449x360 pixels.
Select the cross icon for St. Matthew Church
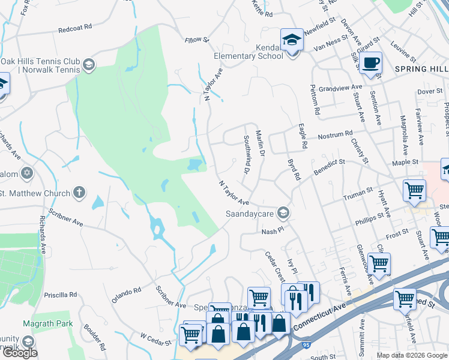pyautogui.click(x=78, y=193)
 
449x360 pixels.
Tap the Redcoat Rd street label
pyautogui.click(x=75, y=28)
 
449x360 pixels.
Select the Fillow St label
pyautogui.click(x=196, y=40)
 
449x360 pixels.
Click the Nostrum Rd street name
pyautogui.click(x=334, y=136)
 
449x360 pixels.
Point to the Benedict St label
pyautogui.click(x=329, y=166)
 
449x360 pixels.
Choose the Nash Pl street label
pyautogui.click(x=271, y=231)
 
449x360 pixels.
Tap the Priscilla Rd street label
pyautogui.click(x=61, y=295)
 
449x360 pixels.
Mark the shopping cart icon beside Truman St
pyautogui.click(x=414, y=191)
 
